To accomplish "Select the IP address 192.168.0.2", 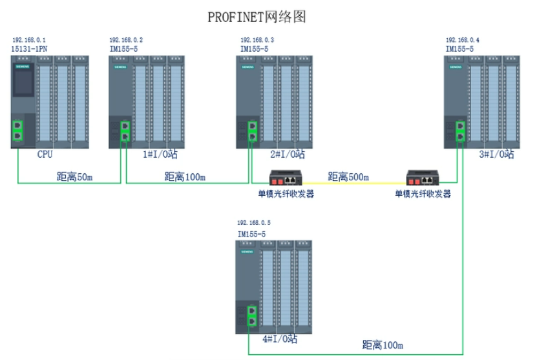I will pos(126,40).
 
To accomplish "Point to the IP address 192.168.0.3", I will pos(257,40).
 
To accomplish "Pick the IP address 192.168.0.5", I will pos(254,222).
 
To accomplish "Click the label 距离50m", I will pos(75,176).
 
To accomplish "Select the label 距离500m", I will pos(348,176).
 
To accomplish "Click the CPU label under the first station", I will pos(45,154).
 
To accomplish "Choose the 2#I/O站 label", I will pos(288,154).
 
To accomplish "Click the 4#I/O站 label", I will pos(280,338).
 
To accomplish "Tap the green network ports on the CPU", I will pos(17,129).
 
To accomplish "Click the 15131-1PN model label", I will pos(29,48).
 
